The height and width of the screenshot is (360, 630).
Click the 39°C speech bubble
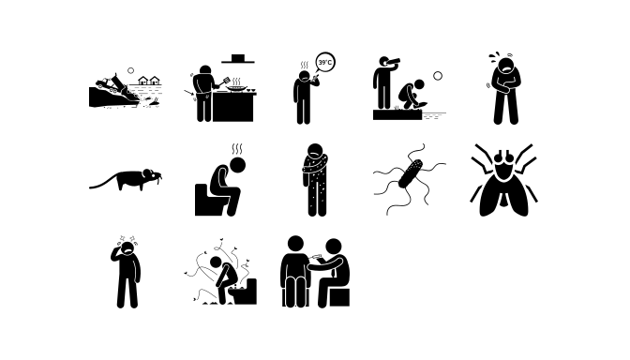(x=325, y=62)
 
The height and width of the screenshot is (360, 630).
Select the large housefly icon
(x=503, y=180)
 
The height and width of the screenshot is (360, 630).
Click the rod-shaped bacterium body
(x=411, y=173)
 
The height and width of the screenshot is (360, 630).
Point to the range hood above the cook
(x=238, y=59)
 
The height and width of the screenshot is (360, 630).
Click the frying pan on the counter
(x=237, y=88)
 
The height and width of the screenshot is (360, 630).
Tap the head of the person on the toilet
(x=237, y=165)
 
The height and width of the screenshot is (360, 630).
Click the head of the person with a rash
(x=315, y=152)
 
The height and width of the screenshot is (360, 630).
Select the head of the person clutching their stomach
(x=505, y=66)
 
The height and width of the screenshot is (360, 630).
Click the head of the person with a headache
(x=127, y=249)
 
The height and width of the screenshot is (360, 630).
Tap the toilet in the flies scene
(x=244, y=292)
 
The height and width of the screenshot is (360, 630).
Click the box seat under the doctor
(x=339, y=297)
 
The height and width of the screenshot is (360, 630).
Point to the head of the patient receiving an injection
(x=295, y=244)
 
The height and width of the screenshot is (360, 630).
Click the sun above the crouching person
(x=438, y=76)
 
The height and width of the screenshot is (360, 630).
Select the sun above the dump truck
(x=130, y=70)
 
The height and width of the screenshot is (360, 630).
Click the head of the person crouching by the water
(x=419, y=84)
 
